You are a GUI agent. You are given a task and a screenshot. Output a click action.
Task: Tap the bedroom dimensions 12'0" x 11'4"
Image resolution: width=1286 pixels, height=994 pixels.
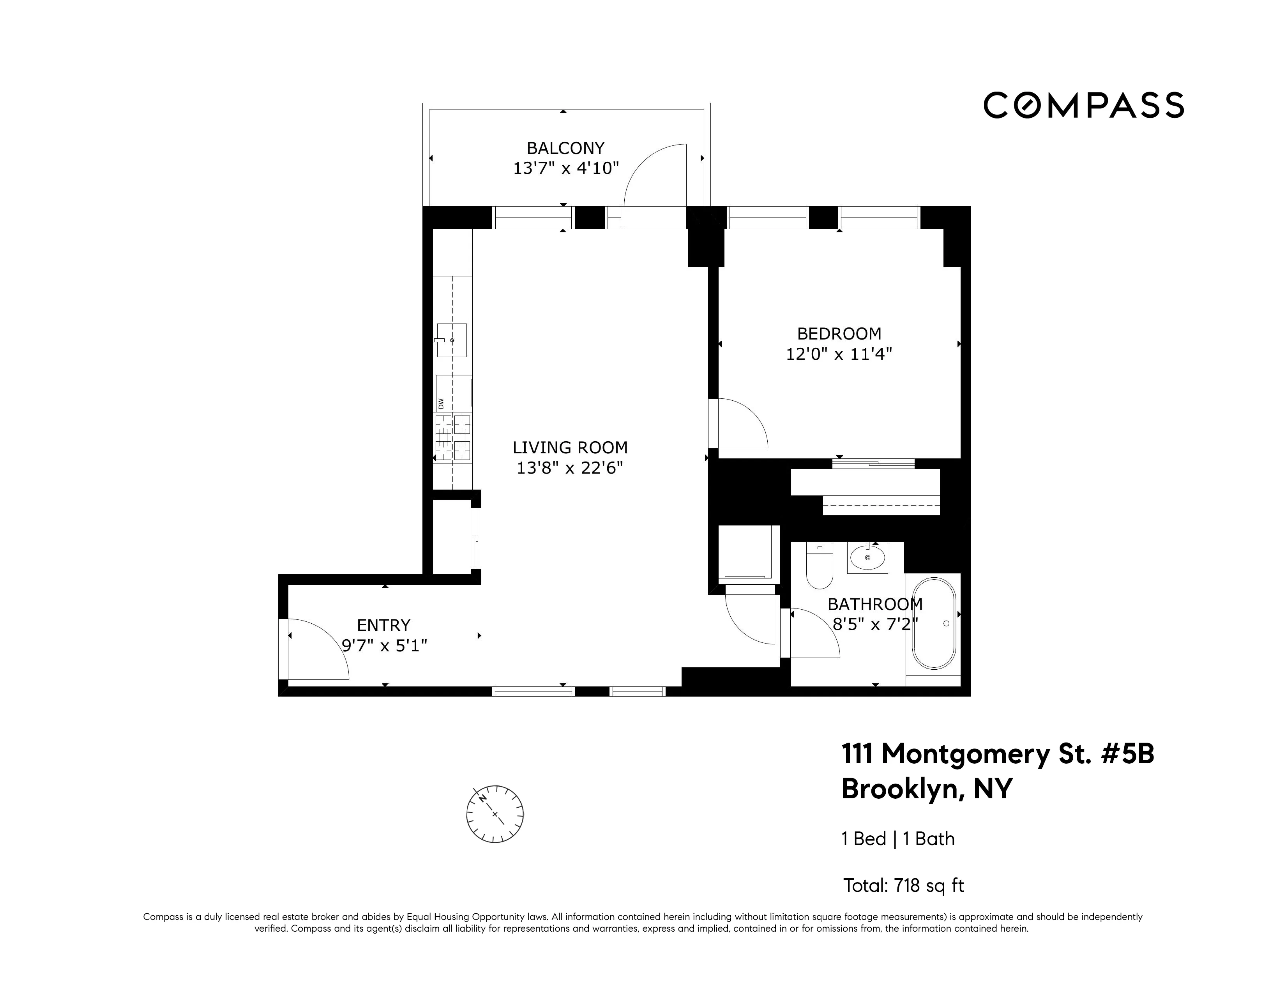click(x=839, y=354)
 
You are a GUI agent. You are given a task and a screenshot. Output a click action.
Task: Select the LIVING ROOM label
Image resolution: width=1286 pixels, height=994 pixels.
click(x=570, y=447)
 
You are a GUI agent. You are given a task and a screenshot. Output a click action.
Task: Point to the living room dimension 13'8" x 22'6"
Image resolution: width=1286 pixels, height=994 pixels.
click(x=569, y=468)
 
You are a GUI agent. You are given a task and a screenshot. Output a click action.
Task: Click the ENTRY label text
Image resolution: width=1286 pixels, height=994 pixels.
click(x=383, y=625)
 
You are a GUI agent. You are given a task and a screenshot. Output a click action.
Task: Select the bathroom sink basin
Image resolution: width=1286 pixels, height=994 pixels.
click(x=867, y=557)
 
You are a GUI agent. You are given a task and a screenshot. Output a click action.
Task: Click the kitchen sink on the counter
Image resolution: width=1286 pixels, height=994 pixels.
click(x=452, y=340)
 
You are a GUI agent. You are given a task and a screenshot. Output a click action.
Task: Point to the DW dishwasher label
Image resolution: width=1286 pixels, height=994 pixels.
click(x=440, y=403)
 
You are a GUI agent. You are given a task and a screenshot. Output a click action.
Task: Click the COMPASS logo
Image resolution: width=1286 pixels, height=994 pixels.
click(x=1083, y=105)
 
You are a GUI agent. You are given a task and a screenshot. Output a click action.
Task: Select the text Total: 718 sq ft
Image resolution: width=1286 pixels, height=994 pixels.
click(x=903, y=886)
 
